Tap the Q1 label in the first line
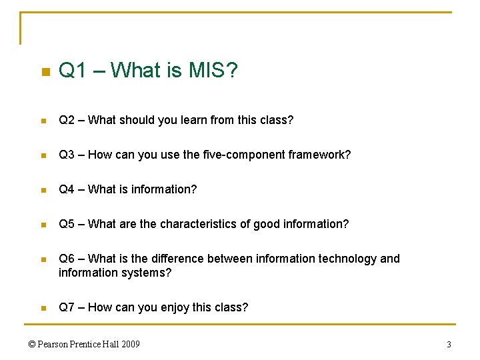[x=73, y=71]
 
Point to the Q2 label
[x=66, y=120]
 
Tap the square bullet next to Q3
[x=42, y=155]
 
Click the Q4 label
[x=66, y=189]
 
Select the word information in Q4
[x=163, y=189]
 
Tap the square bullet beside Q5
[x=42, y=225]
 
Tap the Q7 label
[x=66, y=307]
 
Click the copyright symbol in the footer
[x=32, y=344]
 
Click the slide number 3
[x=449, y=344]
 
